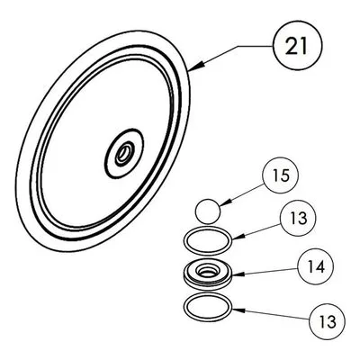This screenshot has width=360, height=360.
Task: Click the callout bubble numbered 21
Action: (x=297, y=46)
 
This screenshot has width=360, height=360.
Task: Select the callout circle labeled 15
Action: (x=281, y=175)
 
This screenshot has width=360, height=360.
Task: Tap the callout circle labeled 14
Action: (x=316, y=266)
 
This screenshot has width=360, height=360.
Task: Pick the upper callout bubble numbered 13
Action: (x=298, y=218)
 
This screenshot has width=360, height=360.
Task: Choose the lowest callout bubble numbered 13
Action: (x=328, y=321)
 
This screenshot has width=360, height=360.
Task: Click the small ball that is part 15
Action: (x=208, y=211)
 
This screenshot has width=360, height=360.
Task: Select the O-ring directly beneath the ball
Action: (x=208, y=240)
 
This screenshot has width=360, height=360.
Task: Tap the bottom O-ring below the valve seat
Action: (x=208, y=307)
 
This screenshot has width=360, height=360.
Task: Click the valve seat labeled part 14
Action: (x=208, y=274)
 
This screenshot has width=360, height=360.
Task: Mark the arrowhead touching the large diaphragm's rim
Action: (x=196, y=67)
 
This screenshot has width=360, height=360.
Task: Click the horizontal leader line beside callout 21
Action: (x=255, y=46)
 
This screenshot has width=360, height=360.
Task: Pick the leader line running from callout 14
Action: (x=265, y=271)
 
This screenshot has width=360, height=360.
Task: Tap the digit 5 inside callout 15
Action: (x=285, y=175)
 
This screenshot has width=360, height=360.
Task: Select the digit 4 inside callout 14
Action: (x=320, y=266)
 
